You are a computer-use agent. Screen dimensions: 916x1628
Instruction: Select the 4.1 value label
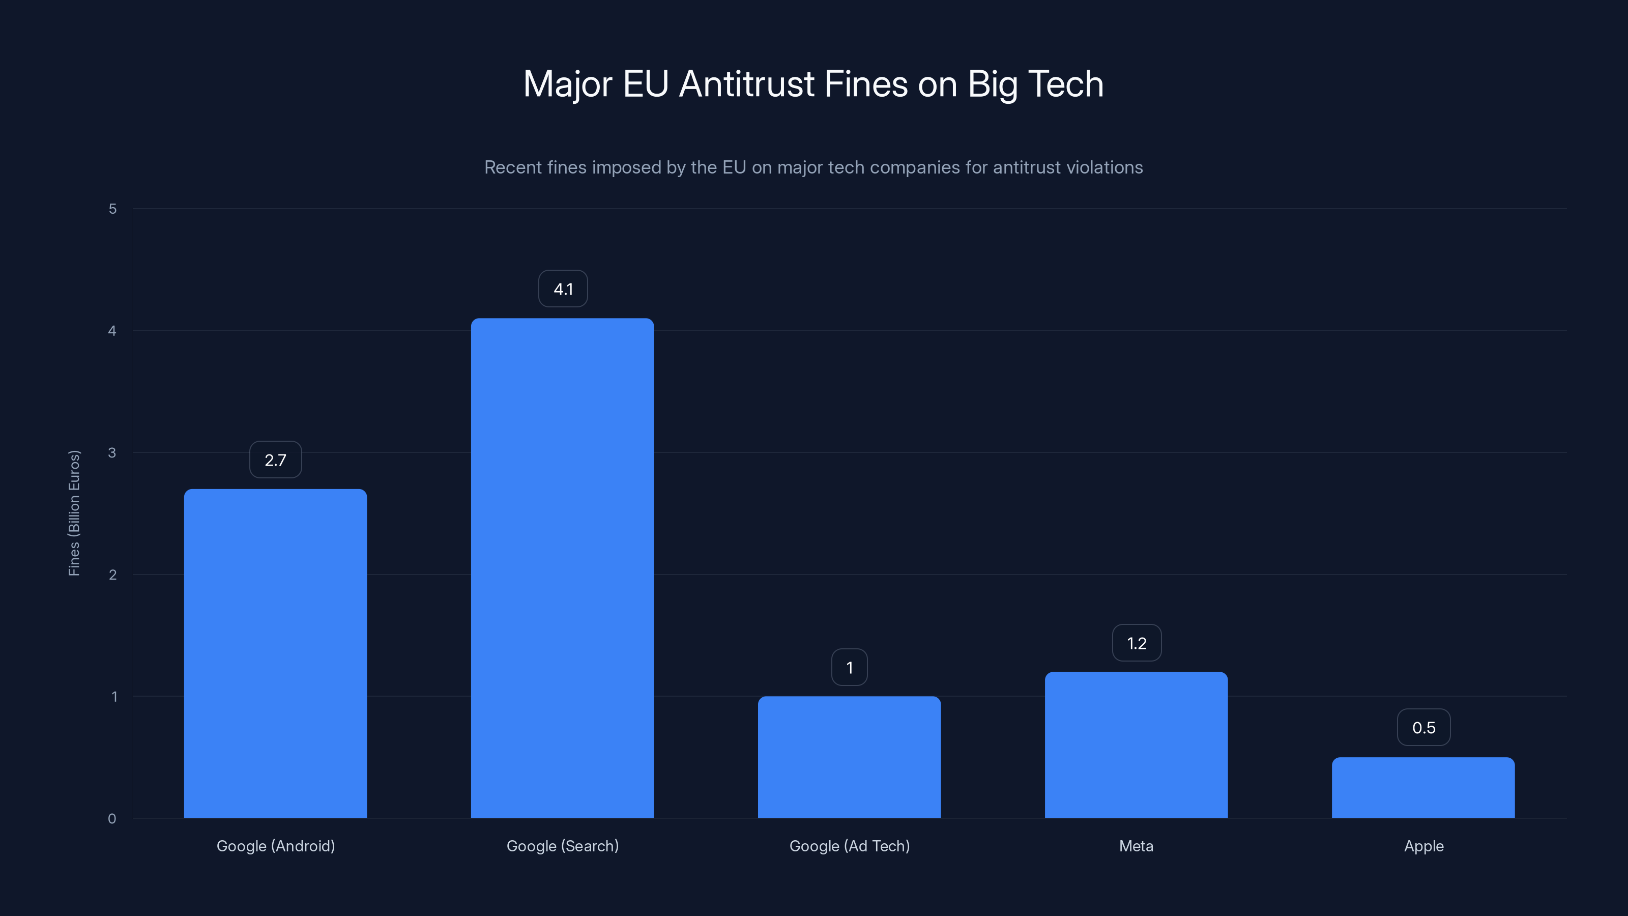pos(563,289)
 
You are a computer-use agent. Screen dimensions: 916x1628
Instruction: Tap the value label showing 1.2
pos(1137,643)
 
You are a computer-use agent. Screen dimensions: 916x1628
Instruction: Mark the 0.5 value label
pos(1423,727)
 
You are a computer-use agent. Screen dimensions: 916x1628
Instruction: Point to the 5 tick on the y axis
pos(112,209)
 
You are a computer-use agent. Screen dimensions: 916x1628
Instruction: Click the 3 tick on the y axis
pos(112,452)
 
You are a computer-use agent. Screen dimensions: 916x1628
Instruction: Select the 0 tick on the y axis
pos(112,819)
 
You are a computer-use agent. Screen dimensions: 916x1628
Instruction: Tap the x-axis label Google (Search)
pos(563,846)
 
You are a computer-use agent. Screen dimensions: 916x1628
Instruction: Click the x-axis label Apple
pos(1423,846)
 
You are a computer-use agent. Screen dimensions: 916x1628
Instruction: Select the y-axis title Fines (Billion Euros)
pos(74,512)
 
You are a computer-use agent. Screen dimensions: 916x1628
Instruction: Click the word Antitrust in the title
pos(746,84)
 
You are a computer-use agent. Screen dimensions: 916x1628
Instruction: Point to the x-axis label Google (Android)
pos(276,846)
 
